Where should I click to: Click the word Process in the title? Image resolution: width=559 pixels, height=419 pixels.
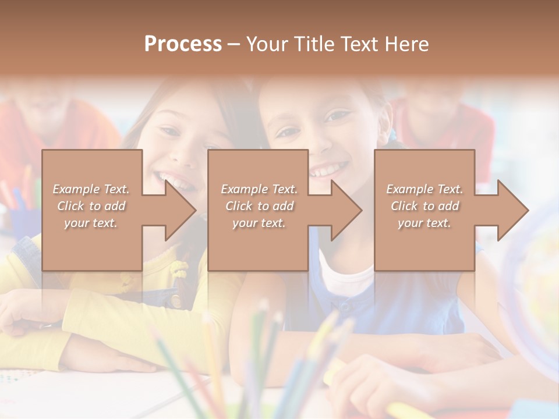point(183,44)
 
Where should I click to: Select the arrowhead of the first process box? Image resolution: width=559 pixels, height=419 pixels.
point(180,210)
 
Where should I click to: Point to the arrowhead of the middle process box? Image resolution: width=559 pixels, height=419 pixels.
point(346,210)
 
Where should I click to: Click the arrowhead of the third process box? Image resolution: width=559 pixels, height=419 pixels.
point(512,210)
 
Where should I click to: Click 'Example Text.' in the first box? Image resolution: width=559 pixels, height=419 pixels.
point(91,189)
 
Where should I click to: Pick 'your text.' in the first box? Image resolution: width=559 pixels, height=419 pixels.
point(91,223)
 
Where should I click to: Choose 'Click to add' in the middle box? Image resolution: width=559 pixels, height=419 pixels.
point(259,206)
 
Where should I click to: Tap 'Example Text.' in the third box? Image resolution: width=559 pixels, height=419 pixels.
point(424,189)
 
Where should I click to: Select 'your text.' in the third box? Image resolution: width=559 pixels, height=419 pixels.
point(424,223)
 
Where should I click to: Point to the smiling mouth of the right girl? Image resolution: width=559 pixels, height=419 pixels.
point(328,170)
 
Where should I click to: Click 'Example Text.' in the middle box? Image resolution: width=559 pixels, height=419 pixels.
point(259,189)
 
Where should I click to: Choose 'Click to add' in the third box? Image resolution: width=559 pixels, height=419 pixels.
point(424,206)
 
